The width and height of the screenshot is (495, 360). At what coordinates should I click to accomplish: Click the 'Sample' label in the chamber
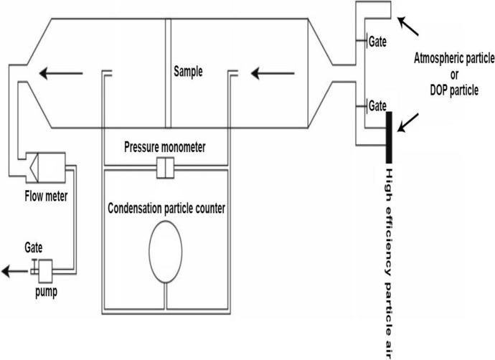point(189,72)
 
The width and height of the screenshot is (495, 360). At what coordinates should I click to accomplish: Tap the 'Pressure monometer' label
point(165,148)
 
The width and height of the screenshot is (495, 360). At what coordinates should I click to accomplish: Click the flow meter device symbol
point(44,167)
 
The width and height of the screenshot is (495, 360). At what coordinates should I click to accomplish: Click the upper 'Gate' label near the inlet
point(377,42)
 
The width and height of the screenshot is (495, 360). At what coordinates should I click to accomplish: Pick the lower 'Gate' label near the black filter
point(377,105)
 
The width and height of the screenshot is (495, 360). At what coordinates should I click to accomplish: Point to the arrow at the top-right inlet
point(411,28)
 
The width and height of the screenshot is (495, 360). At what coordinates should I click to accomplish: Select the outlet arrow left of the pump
point(13,271)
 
